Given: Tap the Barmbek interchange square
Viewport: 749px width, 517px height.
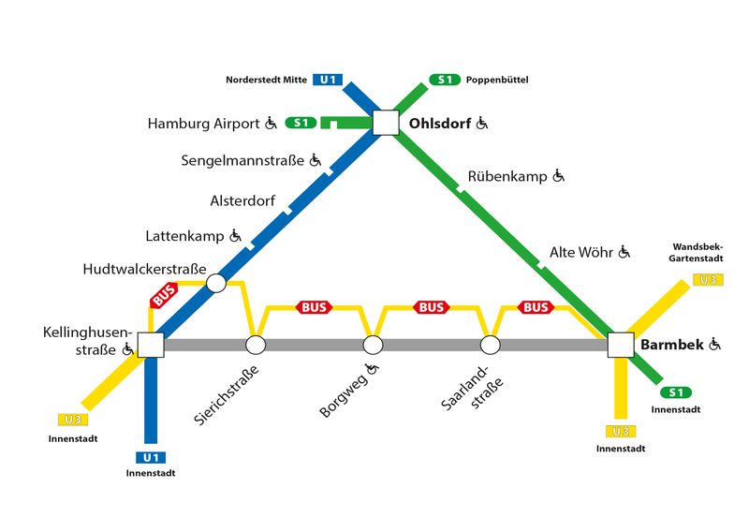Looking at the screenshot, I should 621,345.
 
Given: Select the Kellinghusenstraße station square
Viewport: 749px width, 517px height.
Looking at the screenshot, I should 151,345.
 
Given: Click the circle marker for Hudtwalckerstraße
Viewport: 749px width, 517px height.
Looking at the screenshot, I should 215,282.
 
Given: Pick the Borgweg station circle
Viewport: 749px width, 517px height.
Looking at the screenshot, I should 373,345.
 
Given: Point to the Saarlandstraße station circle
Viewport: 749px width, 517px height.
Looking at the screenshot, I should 490,345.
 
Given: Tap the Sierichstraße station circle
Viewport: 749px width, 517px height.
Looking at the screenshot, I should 256,345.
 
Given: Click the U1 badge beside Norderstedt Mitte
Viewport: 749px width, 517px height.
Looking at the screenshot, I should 329,80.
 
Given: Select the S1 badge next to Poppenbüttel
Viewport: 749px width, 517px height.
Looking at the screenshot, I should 444,80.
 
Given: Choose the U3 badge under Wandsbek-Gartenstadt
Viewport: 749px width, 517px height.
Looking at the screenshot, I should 708,279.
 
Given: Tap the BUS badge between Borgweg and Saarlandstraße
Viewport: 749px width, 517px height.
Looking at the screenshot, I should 431,307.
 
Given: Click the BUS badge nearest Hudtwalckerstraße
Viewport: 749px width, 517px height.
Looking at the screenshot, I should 164,295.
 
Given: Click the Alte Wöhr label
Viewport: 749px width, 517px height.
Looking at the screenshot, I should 580,252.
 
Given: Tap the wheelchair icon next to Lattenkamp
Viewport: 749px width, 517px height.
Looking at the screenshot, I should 236,236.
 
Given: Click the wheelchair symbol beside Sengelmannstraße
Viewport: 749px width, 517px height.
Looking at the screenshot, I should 316,160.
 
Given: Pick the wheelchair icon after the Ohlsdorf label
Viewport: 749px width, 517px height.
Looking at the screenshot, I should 482,123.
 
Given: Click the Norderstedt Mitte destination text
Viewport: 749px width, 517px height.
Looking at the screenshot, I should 266,80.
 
